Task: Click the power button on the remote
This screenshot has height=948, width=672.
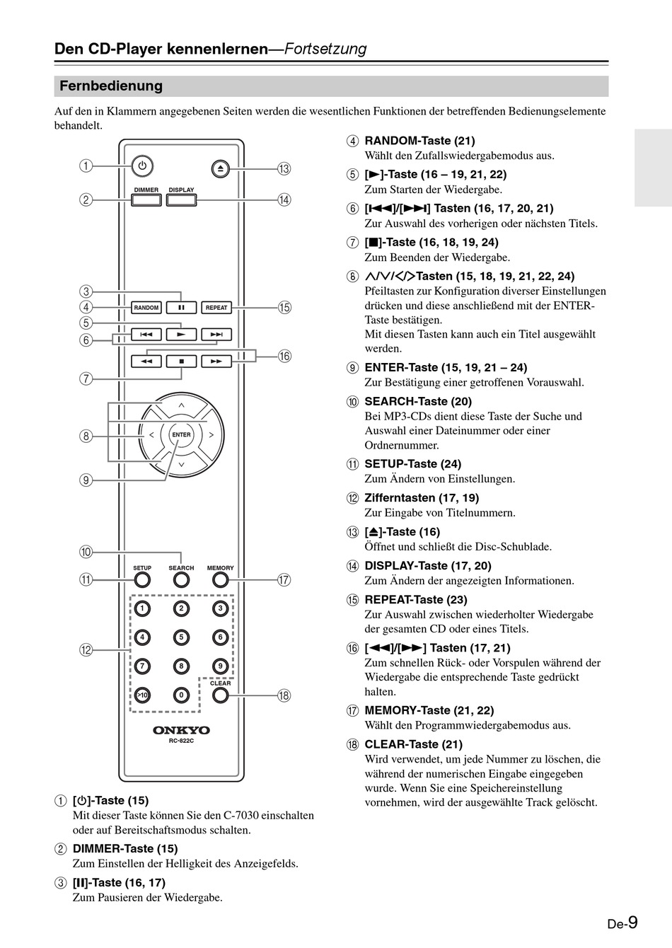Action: click(142, 166)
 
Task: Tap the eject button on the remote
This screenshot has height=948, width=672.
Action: click(220, 168)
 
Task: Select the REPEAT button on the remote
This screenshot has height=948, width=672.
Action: click(216, 308)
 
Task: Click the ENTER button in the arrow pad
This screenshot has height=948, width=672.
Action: click(181, 434)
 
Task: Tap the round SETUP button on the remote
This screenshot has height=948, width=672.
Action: click(142, 580)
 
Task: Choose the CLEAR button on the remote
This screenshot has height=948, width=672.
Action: click(221, 695)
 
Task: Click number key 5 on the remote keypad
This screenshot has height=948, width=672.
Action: click(181, 637)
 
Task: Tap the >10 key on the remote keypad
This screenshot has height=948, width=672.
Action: click(142, 695)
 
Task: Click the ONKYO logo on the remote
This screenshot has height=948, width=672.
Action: click(181, 730)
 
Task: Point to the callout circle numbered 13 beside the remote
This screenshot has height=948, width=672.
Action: click(284, 168)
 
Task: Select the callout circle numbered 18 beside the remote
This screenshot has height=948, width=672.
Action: click(284, 695)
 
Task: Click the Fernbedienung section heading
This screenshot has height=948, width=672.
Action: click(111, 86)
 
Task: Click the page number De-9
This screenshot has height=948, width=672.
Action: click(622, 923)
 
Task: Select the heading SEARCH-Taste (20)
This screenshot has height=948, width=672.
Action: click(418, 402)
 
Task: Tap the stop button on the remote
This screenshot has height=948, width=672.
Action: click(181, 362)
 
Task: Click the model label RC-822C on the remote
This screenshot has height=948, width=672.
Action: click(181, 741)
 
